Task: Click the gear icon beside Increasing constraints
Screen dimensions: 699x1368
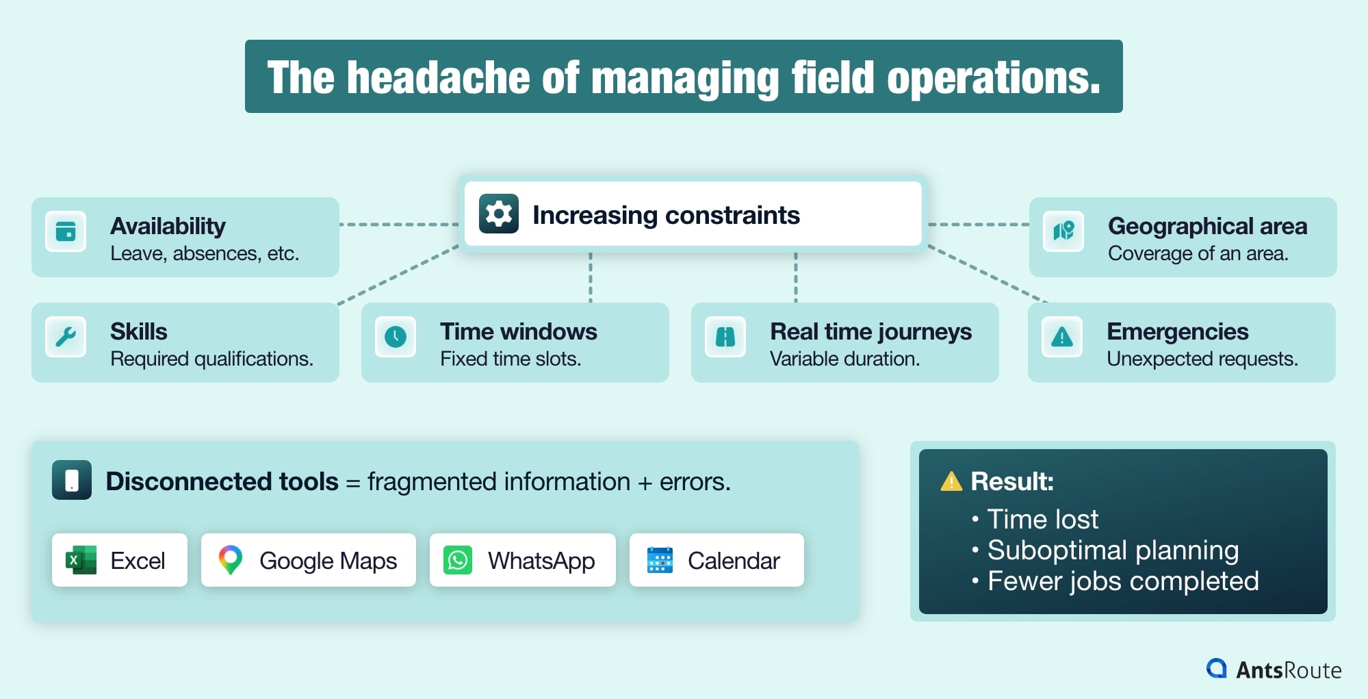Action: pyautogui.click(x=498, y=214)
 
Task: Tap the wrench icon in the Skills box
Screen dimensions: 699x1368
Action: pyautogui.click(x=66, y=337)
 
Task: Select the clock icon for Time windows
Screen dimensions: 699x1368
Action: pyautogui.click(x=396, y=337)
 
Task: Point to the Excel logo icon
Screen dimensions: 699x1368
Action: pyautogui.click(x=81, y=560)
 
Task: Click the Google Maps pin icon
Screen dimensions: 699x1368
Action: pyautogui.click(x=231, y=559)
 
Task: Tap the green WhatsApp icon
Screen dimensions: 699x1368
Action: pyautogui.click(x=458, y=560)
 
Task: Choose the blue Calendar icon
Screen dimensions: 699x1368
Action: pyautogui.click(x=660, y=560)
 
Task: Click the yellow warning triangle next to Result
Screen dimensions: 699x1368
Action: pyautogui.click(x=951, y=482)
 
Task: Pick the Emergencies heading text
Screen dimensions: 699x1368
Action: pyautogui.click(x=1177, y=331)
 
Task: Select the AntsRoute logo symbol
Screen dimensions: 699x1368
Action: pyautogui.click(x=1217, y=668)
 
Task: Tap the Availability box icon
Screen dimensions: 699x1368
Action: pyautogui.click(x=66, y=231)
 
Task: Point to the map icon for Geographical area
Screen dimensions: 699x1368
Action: pyautogui.click(x=1063, y=231)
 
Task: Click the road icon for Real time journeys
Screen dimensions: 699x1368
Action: pyautogui.click(x=725, y=337)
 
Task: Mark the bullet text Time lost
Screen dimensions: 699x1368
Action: pyautogui.click(x=1042, y=519)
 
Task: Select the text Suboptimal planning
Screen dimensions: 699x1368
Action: pyautogui.click(x=1113, y=550)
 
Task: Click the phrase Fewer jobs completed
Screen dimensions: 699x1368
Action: pyautogui.click(x=1123, y=581)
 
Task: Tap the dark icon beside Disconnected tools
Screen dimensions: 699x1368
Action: pyautogui.click(x=72, y=480)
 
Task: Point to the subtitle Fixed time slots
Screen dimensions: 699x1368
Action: pyautogui.click(x=511, y=359)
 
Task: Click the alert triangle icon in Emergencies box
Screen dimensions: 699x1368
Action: pyautogui.click(x=1062, y=337)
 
